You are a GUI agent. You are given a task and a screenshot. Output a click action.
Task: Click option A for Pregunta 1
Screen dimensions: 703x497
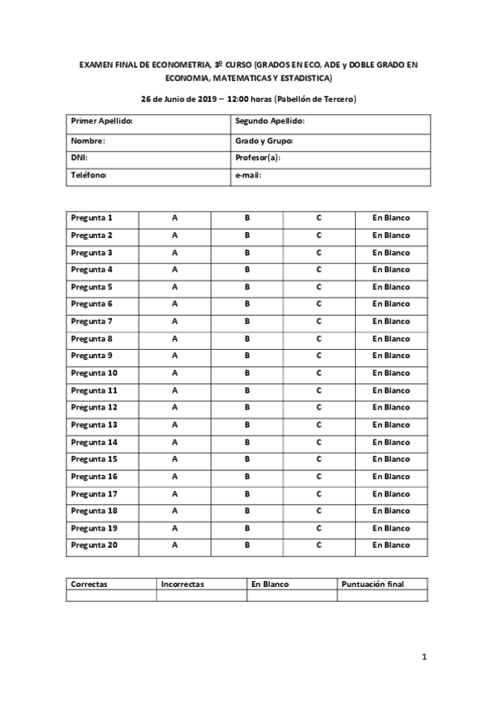click(x=174, y=218)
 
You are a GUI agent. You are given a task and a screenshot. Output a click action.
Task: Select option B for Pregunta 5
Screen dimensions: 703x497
click(x=247, y=287)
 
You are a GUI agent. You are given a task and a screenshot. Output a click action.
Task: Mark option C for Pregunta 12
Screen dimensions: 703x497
click(x=319, y=408)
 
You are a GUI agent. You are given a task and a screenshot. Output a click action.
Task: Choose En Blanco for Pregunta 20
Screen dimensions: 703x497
click(x=391, y=545)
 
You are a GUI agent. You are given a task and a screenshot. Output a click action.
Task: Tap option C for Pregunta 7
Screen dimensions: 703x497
click(x=319, y=322)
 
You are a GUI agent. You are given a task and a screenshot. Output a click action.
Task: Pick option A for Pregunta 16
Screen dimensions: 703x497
click(x=174, y=477)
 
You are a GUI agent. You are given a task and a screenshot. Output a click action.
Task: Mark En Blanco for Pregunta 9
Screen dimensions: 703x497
click(x=391, y=356)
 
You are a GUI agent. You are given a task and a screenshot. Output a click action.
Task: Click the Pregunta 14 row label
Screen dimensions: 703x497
click(x=95, y=442)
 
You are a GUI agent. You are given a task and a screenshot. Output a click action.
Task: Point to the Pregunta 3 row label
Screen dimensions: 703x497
click(x=92, y=253)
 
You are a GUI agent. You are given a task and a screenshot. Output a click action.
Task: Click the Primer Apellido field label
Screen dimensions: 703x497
click(x=103, y=122)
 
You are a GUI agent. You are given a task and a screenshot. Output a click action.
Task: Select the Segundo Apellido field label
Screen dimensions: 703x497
click(x=270, y=122)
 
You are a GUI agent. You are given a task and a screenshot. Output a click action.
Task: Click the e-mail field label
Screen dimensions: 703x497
click(x=249, y=176)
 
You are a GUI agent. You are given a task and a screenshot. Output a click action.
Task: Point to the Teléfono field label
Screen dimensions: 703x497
click(x=89, y=176)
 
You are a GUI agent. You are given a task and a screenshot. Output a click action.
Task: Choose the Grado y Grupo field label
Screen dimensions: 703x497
click(x=265, y=140)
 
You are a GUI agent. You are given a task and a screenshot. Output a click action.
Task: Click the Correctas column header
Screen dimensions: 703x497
click(x=90, y=584)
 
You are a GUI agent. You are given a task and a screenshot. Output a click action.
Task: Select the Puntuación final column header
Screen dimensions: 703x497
click(x=373, y=584)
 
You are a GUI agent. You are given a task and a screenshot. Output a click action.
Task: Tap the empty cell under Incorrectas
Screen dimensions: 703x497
click(x=202, y=595)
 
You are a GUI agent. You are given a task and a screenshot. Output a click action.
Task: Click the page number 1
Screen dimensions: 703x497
click(x=424, y=658)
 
